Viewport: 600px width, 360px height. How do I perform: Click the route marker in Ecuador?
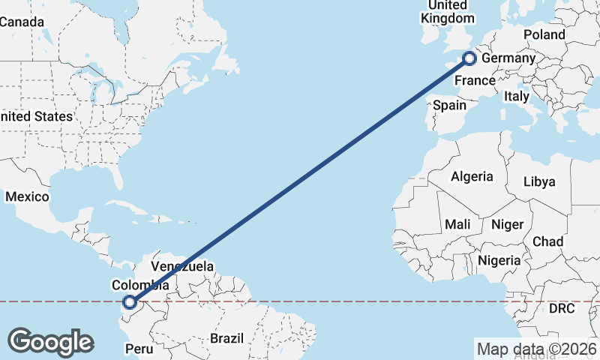coord(130,302)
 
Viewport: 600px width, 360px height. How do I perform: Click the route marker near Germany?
coord(469,58)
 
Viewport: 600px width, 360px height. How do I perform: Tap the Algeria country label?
coord(472,177)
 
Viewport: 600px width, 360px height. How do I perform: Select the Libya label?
coord(539,181)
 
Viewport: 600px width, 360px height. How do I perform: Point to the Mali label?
coord(457,224)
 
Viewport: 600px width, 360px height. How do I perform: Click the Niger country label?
coord(507,224)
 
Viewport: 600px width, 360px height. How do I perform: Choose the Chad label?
coord(547,241)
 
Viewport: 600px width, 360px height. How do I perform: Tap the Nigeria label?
coord(499,260)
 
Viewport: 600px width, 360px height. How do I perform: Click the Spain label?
coord(450,106)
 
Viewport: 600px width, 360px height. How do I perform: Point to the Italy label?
coord(516,96)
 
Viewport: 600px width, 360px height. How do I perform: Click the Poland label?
coord(544,35)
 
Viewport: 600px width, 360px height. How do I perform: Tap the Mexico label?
coord(27,196)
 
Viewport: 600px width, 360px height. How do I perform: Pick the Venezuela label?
coord(182,266)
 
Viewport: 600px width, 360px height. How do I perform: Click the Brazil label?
coord(226,338)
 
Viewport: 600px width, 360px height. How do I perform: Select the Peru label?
coord(139,349)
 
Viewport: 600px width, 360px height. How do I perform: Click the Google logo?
coord(50,342)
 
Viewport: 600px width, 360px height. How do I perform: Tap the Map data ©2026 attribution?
coord(536,348)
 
